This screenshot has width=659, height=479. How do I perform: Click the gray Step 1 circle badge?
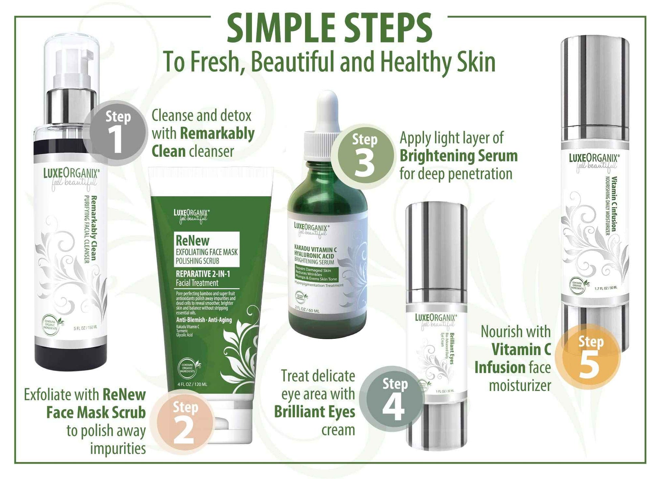tap(116, 133)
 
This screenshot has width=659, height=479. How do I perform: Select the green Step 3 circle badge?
tap(364, 157)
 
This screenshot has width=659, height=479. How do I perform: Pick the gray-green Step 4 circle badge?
tap(393, 399)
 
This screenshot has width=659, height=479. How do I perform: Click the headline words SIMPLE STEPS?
tap(329, 28)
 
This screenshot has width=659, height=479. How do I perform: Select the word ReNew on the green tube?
tap(192, 241)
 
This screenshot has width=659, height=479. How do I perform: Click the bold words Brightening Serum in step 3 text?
tap(459, 156)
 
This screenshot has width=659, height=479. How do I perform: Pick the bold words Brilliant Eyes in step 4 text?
tap(314, 412)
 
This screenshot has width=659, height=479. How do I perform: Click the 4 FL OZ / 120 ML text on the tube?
tap(192, 384)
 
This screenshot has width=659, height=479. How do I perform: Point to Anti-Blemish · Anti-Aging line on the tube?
tap(204, 319)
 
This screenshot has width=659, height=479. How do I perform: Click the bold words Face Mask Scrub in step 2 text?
tap(96, 413)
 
